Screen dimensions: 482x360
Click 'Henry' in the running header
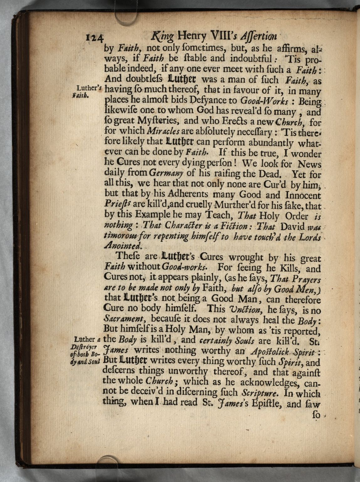[x=192, y=36]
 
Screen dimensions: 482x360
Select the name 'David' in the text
[x=292, y=226]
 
